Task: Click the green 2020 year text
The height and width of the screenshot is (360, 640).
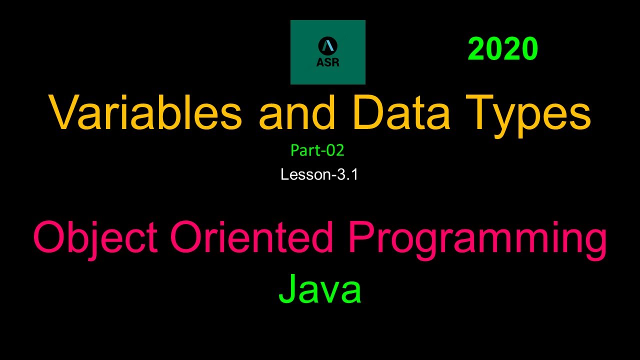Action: click(x=502, y=50)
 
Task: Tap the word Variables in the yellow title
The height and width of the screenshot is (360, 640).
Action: click(x=145, y=114)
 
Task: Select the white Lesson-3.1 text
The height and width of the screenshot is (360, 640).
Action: click(x=319, y=174)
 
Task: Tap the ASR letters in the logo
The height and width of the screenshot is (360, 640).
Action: click(x=327, y=63)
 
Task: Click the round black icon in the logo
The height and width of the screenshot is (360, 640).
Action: click(x=327, y=46)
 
